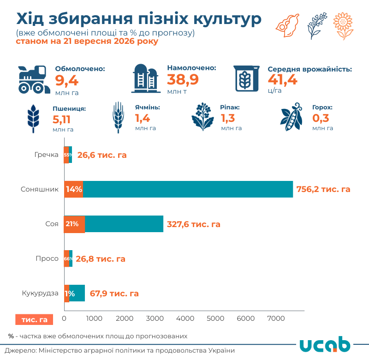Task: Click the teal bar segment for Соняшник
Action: [188, 189]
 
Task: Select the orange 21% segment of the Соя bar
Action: [74, 224]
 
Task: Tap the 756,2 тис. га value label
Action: [323, 189]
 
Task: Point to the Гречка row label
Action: [47, 155]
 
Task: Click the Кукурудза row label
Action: [40, 293]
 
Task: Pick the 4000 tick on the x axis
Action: [185, 318]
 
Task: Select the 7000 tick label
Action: [276, 318]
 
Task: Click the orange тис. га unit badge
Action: [34, 319]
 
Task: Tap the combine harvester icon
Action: [34, 79]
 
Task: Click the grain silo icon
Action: [146, 78]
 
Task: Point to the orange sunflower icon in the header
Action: [343, 26]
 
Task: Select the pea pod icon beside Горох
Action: [292, 117]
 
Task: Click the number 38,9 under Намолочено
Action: [183, 79]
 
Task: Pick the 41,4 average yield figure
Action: [282, 79]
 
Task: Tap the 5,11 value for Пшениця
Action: [61, 120]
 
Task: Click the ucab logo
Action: [325, 344]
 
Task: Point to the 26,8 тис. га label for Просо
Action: [101, 259]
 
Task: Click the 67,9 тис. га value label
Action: [114, 294]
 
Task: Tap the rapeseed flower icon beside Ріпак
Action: [202, 117]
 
